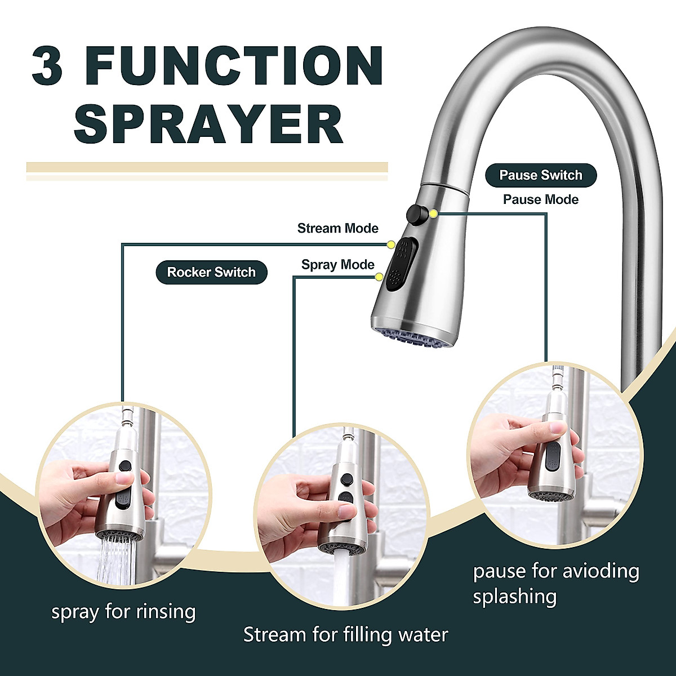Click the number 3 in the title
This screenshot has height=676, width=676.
tap(47, 66)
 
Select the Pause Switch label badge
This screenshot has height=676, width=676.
tap(540, 175)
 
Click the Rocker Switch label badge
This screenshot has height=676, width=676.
tap(211, 272)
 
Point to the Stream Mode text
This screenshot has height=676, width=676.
tap(337, 228)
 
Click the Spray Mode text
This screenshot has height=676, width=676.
tap(337, 264)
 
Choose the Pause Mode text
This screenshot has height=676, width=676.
tap(540, 199)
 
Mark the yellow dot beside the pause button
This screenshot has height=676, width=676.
tap(433, 214)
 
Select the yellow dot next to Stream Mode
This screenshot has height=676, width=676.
tap(390, 243)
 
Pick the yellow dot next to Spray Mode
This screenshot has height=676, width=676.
tap(380, 277)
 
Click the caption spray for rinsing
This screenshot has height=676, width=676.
tap(123, 611)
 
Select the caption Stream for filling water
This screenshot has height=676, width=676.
tap(345, 635)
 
